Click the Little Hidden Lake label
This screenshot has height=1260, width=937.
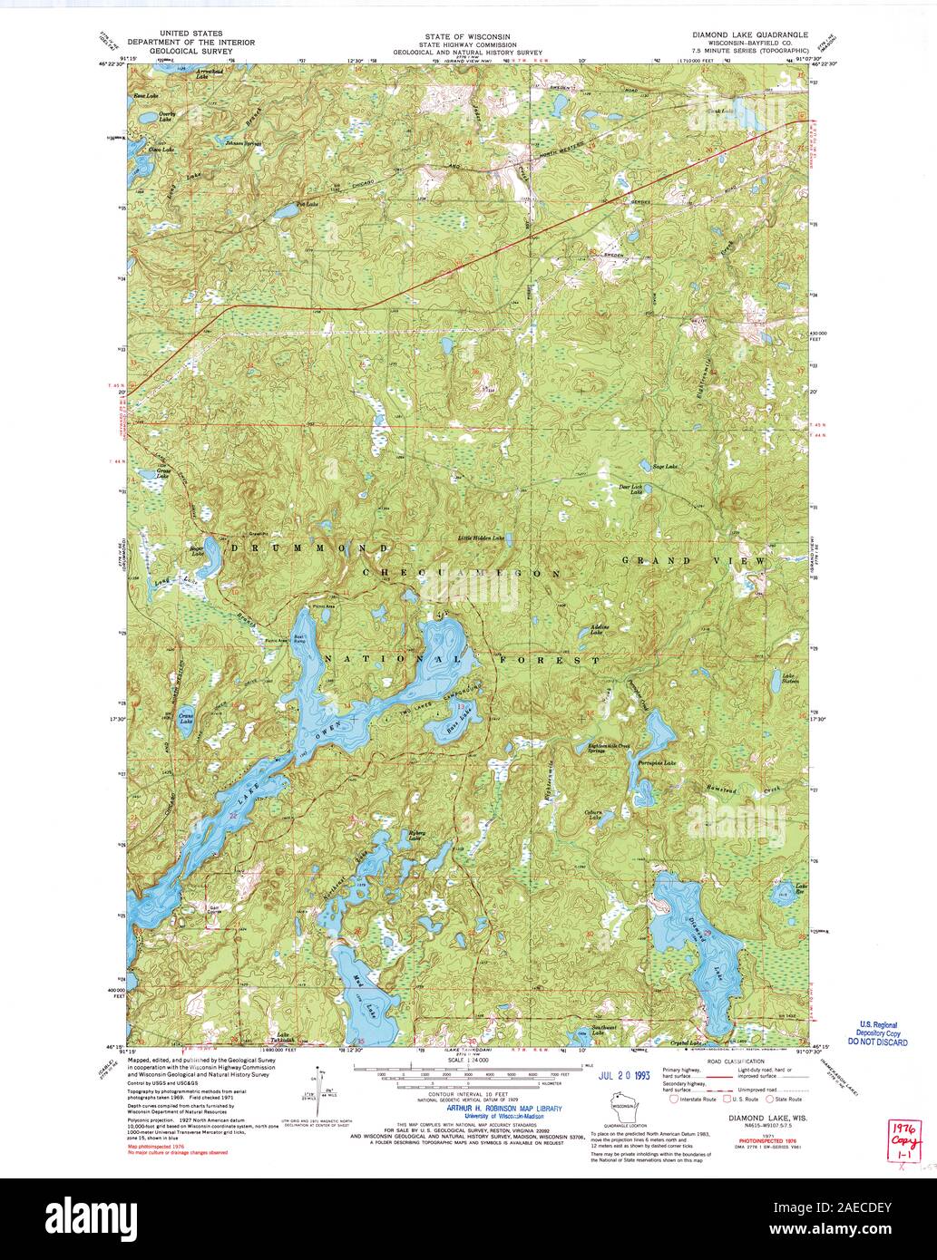[481, 538]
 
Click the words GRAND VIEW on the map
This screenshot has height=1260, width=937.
[694, 561]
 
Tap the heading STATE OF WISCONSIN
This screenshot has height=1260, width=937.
[467, 35]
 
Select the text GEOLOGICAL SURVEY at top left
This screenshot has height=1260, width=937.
[190, 51]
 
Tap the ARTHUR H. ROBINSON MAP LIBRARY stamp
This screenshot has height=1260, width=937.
[498, 1108]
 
